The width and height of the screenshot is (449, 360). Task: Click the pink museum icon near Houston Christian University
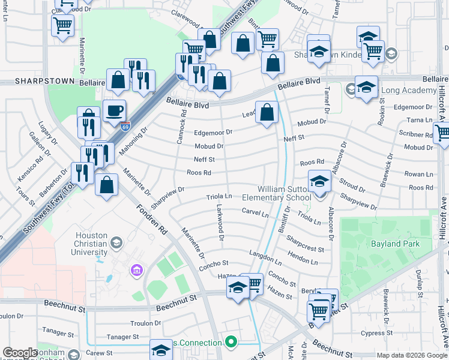pyautogui.click(x=136, y=271)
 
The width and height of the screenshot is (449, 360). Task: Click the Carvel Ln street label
pyautogui.click(x=255, y=213)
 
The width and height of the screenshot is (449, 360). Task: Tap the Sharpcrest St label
pyautogui.click(x=305, y=244)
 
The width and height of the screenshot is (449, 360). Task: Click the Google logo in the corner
pyautogui.click(x=20, y=353)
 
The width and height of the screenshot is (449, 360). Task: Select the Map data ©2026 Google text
pyautogui.click(x=411, y=355)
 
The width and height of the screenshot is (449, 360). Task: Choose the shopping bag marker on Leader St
pyautogui.click(x=267, y=111)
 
